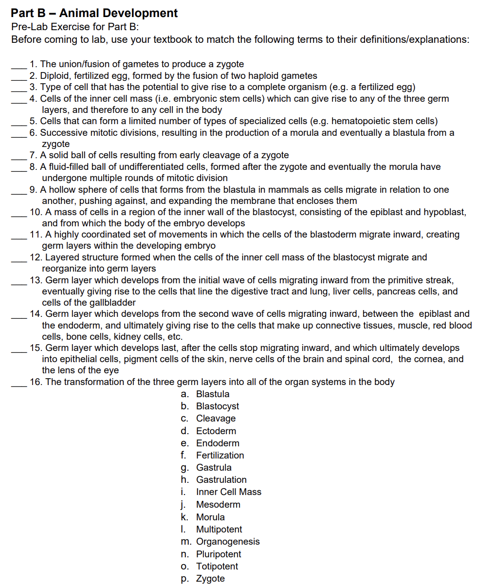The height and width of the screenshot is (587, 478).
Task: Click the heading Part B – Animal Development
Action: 94,13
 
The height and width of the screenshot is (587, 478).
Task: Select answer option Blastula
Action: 212,394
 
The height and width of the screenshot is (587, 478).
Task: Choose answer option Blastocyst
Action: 217,406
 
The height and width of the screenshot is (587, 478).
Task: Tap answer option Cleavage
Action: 216,418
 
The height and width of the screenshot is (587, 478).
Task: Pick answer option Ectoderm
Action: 216,431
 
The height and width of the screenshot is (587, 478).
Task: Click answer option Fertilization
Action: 220,455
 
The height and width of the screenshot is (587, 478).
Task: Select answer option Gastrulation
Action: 221,479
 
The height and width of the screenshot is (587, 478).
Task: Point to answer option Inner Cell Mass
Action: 228,492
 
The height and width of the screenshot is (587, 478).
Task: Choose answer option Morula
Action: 210,517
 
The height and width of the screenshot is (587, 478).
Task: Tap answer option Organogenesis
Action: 227,541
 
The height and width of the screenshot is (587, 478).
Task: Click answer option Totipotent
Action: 217,566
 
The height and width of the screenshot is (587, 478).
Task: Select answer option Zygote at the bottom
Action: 210,578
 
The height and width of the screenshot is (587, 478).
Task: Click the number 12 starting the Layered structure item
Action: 35,257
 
